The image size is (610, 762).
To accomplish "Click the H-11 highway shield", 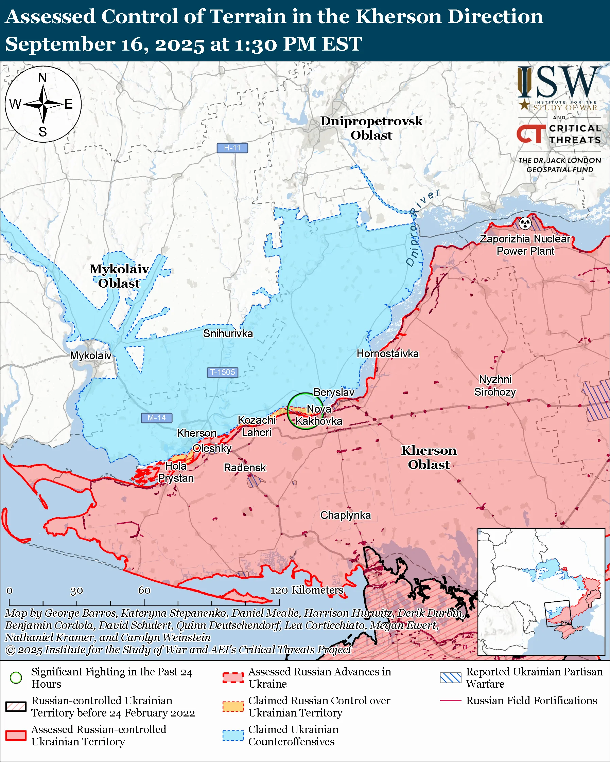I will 232,148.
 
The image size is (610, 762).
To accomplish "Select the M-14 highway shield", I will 156,418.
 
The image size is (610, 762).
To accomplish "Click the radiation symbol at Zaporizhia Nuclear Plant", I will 525,223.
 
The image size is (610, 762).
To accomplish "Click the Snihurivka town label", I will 228,334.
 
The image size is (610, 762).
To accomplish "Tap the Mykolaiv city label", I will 90,356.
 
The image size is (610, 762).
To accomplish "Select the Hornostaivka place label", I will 387,354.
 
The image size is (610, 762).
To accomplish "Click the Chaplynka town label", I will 346,515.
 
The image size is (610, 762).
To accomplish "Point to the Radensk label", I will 245,468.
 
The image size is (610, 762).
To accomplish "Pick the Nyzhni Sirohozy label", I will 495,386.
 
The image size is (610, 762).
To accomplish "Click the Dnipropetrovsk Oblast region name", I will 371,128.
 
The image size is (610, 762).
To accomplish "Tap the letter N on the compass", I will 42,78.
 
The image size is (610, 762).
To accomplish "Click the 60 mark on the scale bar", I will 144,591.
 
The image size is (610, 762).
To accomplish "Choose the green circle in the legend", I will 16,678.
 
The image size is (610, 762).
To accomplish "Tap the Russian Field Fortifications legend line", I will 451,701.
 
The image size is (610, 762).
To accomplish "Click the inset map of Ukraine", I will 541,592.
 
